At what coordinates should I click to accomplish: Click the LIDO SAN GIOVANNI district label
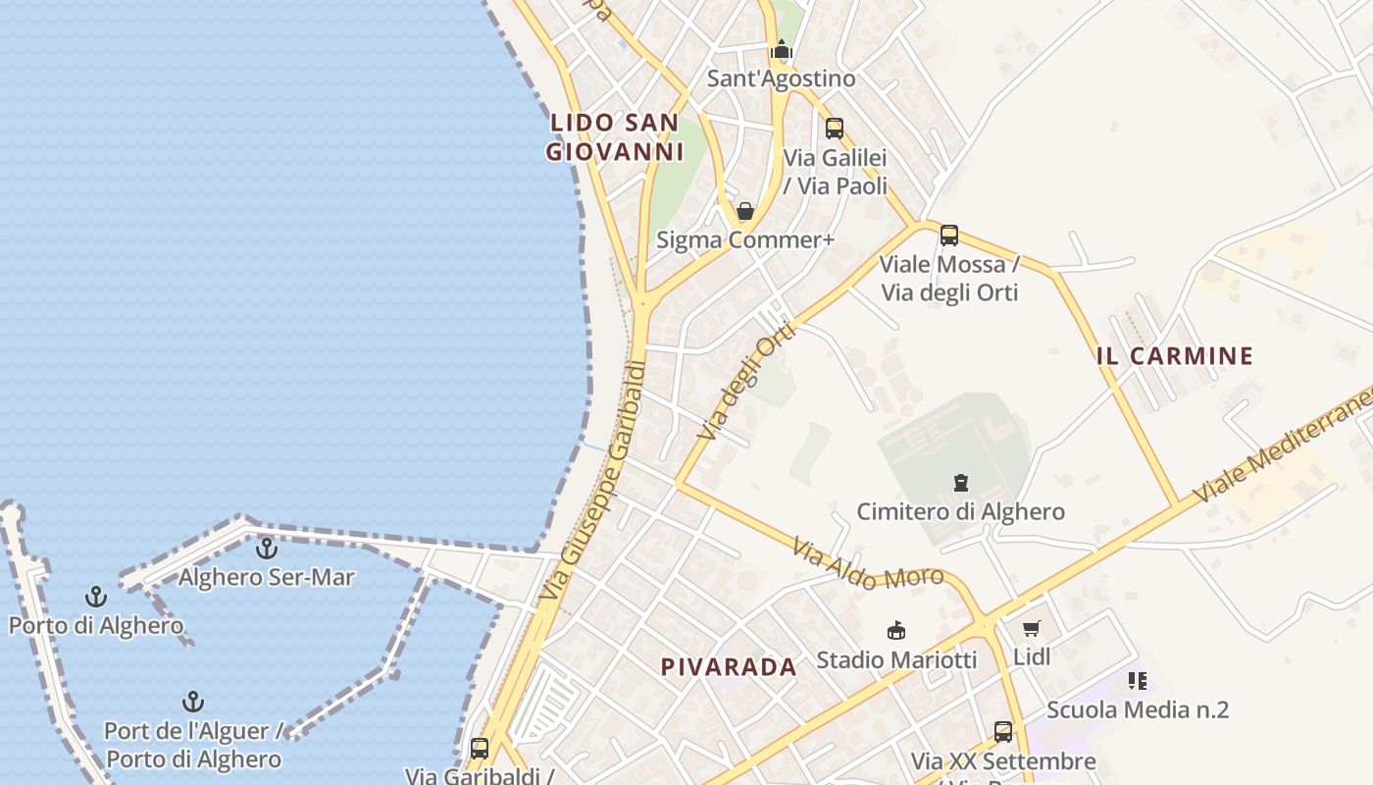pyautogui.click(x=614, y=137)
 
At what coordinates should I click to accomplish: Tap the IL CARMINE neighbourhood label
pyautogui.click(x=1175, y=356)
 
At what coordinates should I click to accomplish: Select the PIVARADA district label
pyautogui.click(x=729, y=667)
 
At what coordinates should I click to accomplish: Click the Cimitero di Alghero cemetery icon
pyautogui.click(x=960, y=483)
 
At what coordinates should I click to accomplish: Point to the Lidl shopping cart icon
pyautogui.click(x=1031, y=629)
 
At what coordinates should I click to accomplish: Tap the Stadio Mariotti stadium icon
pyautogui.click(x=895, y=630)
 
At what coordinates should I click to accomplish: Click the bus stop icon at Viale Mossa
pyautogui.click(x=948, y=235)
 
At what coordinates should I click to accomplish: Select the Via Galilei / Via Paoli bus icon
pyautogui.click(x=834, y=129)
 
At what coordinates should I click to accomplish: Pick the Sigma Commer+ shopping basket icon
pyautogui.click(x=745, y=211)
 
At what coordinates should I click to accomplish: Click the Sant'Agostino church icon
pyautogui.click(x=781, y=49)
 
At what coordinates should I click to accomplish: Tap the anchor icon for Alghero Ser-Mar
pyautogui.click(x=266, y=549)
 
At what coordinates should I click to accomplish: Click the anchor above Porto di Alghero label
pyautogui.click(x=95, y=597)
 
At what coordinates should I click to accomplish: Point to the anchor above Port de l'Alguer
pyautogui.click(x=193, y=703)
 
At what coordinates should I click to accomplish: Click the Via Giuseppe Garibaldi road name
pyautogui.click(x=594, y=481)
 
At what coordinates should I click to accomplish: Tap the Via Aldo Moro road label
pyautogui.click(x=867, y=564)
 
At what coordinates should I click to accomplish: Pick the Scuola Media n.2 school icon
pyautogui.click(x=1138, y=681)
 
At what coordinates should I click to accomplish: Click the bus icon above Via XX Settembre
pyautogui.click(x=1002, y=732)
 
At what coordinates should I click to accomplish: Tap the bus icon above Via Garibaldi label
pyautogui.click(x=479, y=749)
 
